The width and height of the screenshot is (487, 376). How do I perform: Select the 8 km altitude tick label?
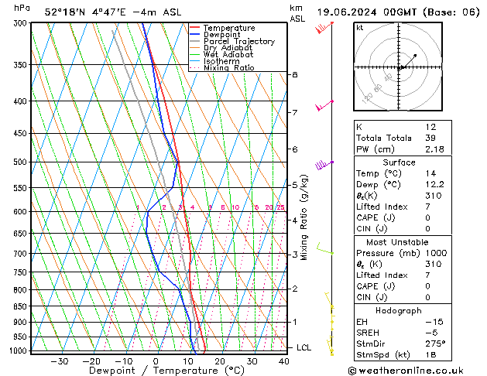(294, 74)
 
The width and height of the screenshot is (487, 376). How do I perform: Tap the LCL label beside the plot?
(304, 347)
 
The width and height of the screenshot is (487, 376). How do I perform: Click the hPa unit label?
(22, 8)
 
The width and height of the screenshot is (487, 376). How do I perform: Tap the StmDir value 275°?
(434, 343)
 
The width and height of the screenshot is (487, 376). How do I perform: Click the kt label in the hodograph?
(360, 28)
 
